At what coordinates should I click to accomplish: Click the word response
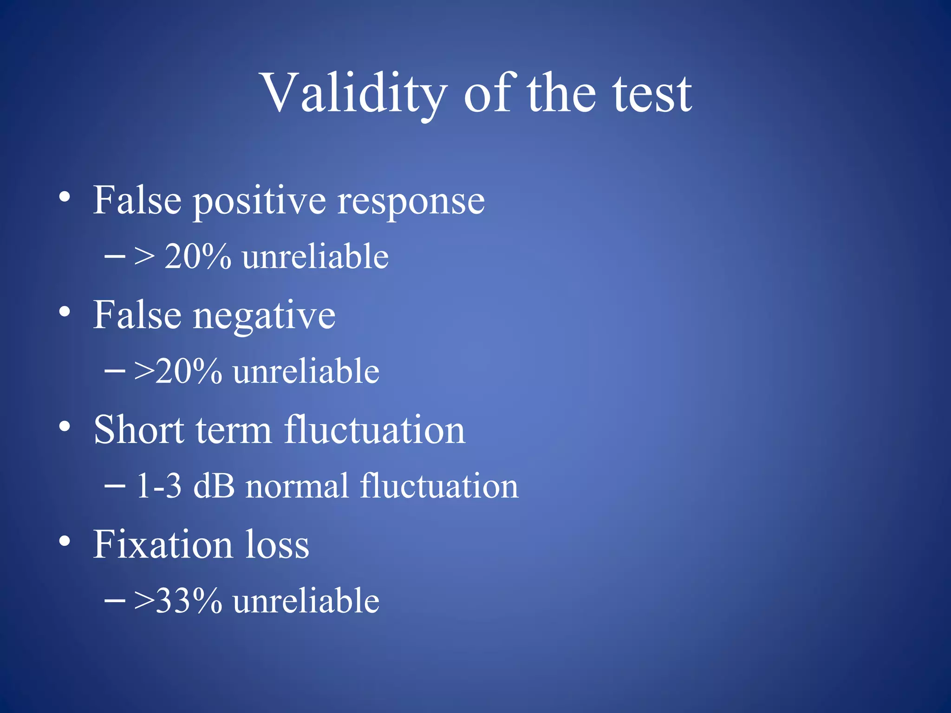pos(411,202)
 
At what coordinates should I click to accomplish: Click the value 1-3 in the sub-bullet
pos(158,486)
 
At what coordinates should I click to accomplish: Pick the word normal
pos(297,486)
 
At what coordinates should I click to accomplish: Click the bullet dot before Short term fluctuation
pos(65,426)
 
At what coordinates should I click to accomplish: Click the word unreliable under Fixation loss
pos(306,601)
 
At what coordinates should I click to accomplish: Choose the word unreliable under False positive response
pos(315,257)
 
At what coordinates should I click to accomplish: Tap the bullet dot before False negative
pos(65,312)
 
